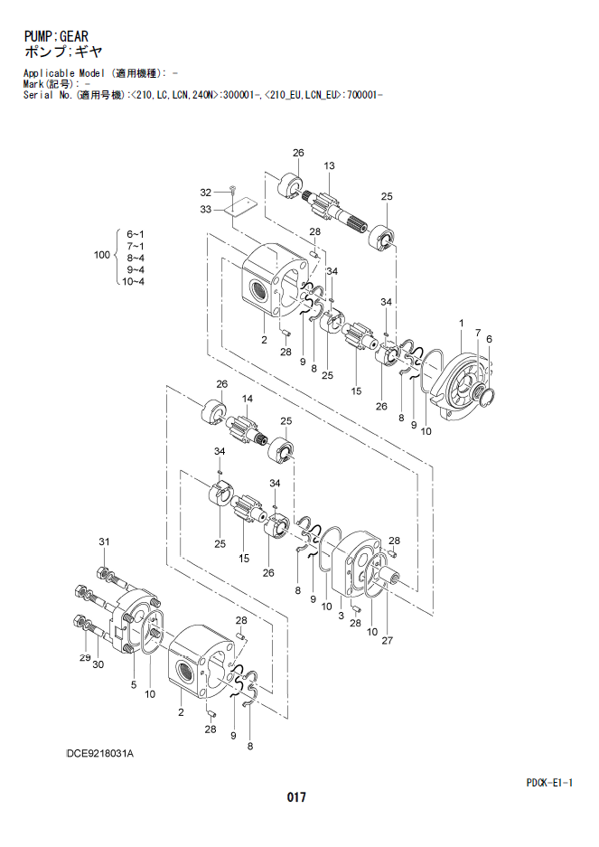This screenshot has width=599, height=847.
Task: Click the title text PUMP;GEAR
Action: (x=56, y=36)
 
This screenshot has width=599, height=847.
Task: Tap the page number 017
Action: (x=296, y=796)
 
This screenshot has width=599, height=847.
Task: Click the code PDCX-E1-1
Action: (x=549, y=782)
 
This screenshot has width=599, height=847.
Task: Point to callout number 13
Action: (x=330, y=165)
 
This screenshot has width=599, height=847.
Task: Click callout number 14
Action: (x=248, y=399)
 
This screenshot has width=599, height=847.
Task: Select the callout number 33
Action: (x=206, y=209)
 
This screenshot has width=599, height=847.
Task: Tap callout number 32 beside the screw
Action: (x=206, y=193)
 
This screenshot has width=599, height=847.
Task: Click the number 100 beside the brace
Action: (x=102, y=255)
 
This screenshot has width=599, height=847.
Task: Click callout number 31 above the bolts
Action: (x=104, y=541)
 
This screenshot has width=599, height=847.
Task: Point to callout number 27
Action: (x=388, y=641)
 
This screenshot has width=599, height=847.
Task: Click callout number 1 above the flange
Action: (x=462, y=323)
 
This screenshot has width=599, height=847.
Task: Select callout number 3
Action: (x=341, y=616)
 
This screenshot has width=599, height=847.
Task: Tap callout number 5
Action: (x=134, y=685)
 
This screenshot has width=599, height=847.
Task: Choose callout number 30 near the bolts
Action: (x=98, y=664)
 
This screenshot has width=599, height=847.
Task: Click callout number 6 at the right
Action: (x=489, y=339)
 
